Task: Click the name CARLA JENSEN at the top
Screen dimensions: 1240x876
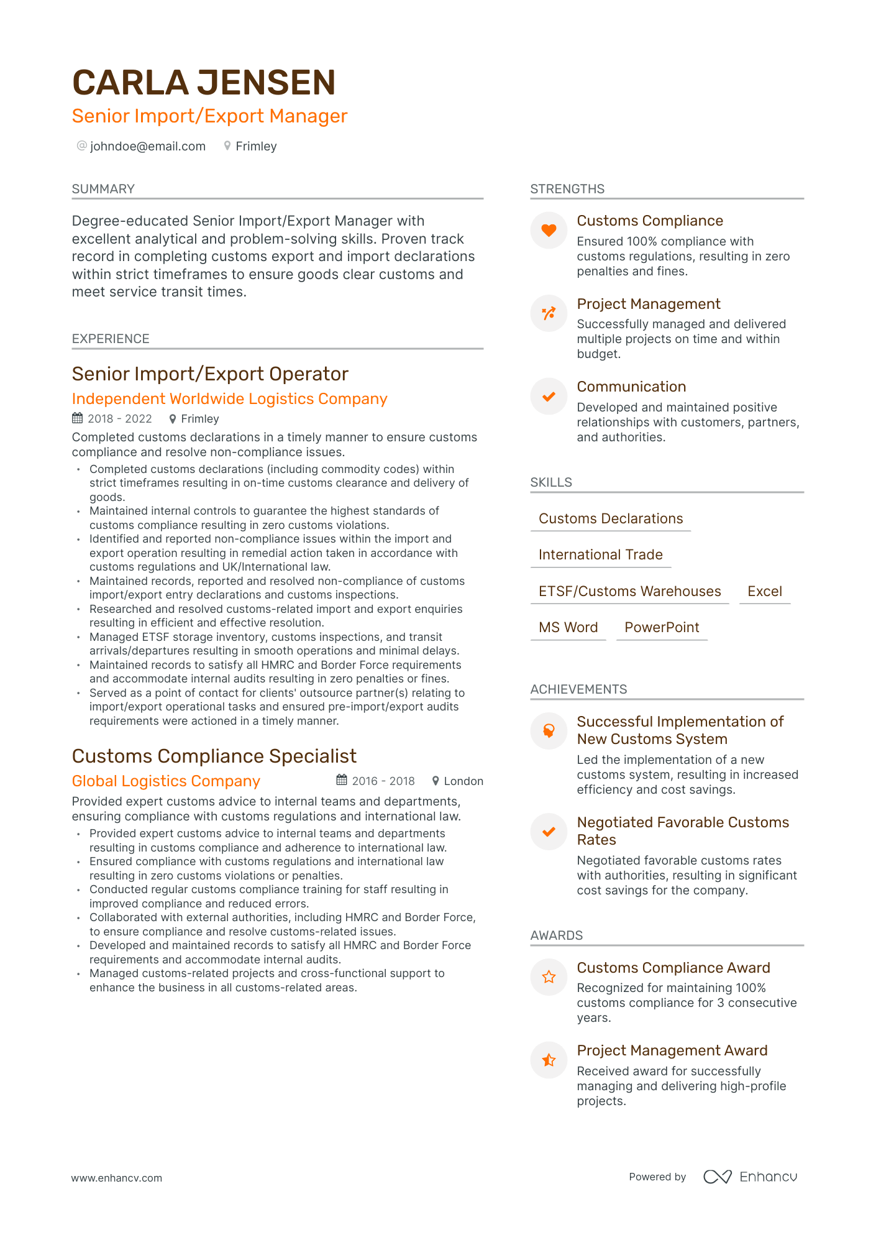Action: click(204, 83)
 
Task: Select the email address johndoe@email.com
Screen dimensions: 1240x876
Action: click(147, 147)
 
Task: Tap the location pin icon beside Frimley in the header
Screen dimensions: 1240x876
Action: click(227, 146)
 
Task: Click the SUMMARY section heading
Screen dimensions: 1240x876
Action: click(103, 189)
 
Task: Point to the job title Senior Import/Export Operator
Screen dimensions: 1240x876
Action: click(210, 374)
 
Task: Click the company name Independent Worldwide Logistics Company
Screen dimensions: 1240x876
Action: click(229, 399)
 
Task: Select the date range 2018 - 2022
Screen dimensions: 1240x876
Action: click(119, 419)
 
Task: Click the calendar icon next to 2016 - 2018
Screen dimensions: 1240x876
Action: click(342, 780)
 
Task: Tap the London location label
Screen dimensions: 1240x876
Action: click(463, 781)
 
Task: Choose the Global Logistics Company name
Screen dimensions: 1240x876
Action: click(166, 781)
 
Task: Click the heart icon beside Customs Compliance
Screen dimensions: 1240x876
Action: click(549, 231)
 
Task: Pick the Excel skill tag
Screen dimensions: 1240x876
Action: click(764, 592)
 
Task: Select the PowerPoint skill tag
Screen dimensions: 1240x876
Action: click(662, 628)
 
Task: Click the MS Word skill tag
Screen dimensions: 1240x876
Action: click(568, 628)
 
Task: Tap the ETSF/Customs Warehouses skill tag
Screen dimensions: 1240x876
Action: click(629, 592)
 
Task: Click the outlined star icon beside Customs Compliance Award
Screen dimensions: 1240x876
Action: click(549, 977)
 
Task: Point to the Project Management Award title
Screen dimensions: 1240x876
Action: click(672, 1050)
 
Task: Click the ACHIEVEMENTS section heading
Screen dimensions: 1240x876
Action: click(578, 689)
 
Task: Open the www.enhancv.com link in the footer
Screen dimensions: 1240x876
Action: click(117, 1178)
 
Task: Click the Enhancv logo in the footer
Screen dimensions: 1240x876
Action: click(750, 1177)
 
